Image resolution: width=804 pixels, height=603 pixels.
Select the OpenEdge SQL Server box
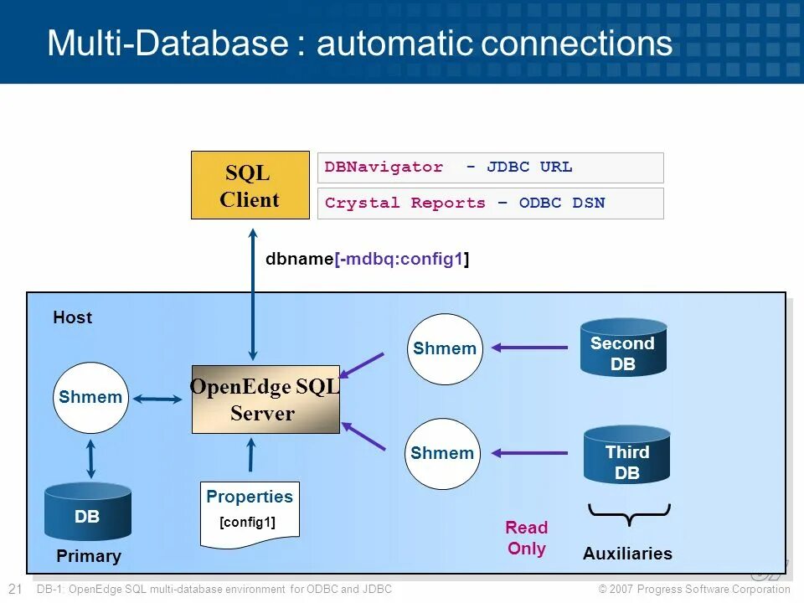pos(265,399)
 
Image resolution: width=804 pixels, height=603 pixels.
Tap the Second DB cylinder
pos(623,348)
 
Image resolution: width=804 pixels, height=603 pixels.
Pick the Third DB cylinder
pos(626,456)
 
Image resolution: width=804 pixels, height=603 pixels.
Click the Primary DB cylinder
pos(87,512)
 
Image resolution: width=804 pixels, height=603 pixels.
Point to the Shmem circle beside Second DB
pos(444,349)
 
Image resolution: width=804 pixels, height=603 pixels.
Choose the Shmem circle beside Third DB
pos(442,454)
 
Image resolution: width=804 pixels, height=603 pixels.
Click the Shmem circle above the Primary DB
pos(90,398)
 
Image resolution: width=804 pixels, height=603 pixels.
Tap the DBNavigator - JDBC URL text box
pos(490,167)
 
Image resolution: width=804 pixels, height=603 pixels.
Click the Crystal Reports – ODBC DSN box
pos(490,204)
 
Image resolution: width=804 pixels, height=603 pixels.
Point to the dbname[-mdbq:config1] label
pos(367,259)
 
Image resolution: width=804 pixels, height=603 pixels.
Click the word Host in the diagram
pos(73,317)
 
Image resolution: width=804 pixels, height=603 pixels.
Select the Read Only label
pos(526,539)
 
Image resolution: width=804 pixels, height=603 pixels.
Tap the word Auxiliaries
pos(627,554)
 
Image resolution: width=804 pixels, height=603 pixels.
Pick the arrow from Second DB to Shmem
pos(529,347)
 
